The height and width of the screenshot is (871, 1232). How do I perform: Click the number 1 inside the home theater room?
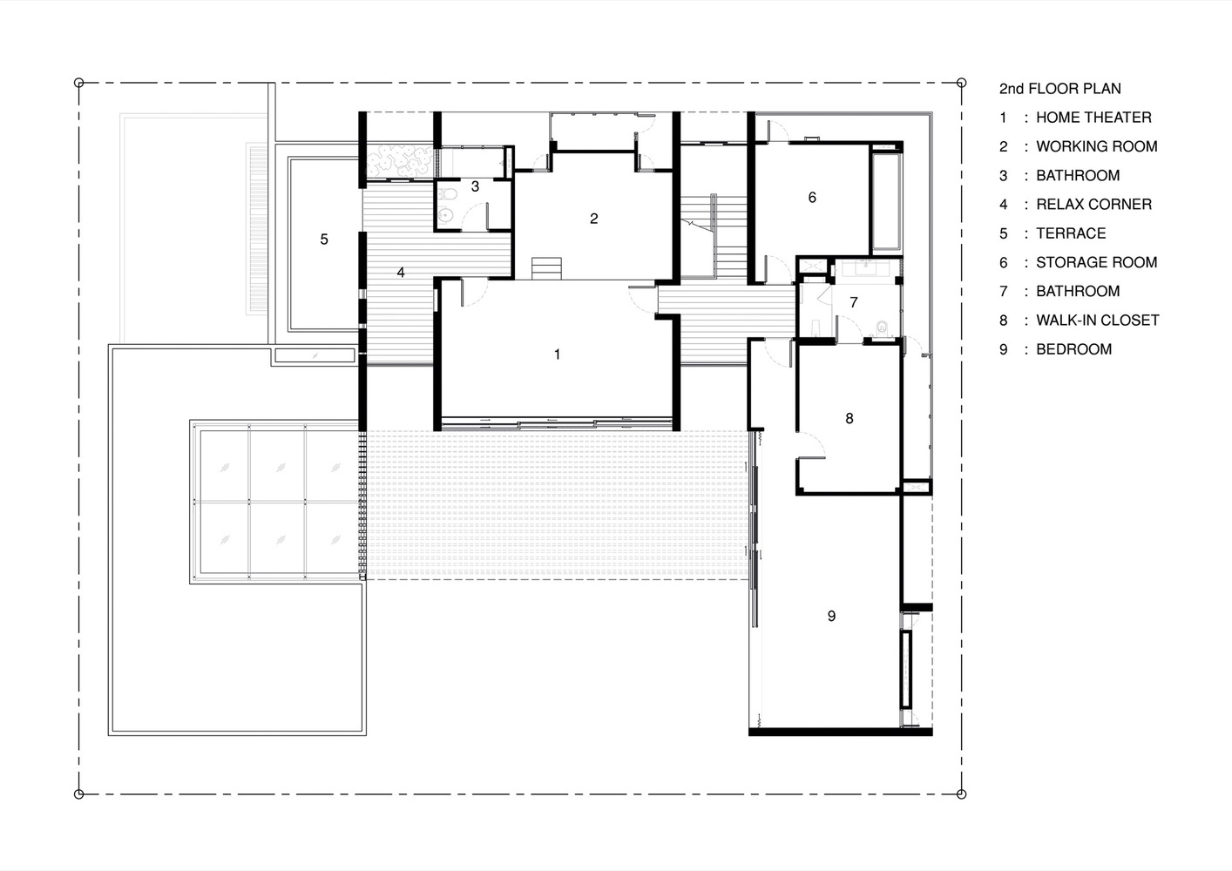click(x=558, y=354)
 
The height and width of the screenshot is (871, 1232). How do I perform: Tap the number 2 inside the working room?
click(x=593, y=218)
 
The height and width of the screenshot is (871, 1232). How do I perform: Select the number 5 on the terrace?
click(x=323, y=239)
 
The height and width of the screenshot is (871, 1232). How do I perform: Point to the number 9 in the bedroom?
click(x=831, y=616)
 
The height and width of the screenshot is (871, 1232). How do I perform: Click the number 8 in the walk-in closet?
click(x=850, y=418)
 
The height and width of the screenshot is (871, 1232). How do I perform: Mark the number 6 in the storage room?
click(x=812, y=198)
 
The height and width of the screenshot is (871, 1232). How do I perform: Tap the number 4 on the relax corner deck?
click(x=401, y=273)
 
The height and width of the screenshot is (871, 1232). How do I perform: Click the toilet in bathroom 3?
click(x=448, y=194)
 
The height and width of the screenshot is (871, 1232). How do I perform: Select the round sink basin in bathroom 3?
click(x=446, y=217)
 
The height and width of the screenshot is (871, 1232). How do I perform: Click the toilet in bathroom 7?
click(x=882, y=327)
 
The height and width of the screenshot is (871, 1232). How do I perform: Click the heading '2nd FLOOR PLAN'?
click(x=1059, y=88)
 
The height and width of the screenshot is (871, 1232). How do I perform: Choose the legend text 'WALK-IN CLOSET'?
click(x=1097, y=321)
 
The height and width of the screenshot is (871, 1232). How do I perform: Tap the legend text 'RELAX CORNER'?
click(x=1093, y=205)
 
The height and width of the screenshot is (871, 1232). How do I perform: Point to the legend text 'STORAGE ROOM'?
click(x=1096, y=262)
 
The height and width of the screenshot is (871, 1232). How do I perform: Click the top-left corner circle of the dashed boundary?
click(x=79, y=83)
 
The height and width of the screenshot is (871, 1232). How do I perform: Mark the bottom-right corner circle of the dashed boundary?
click(x=961, y=793)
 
